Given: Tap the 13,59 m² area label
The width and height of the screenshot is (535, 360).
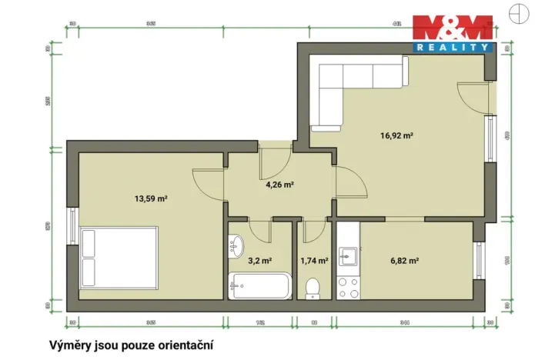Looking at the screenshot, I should (151, 198).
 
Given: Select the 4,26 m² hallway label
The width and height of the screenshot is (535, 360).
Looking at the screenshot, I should (280, 185).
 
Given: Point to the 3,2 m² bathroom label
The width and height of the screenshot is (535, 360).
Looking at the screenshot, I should (259, 260).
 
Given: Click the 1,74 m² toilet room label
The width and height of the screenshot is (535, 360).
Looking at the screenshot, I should (314, 260).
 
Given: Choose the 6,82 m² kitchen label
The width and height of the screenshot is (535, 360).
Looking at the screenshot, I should (404, 260).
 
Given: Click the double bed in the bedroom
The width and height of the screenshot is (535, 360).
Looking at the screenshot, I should (119, 255).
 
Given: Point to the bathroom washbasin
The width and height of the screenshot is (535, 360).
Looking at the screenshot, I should (236, 247).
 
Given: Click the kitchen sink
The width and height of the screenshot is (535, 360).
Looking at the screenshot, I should (349, 252).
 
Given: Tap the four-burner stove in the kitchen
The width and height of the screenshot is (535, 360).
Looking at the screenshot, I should (349, 286).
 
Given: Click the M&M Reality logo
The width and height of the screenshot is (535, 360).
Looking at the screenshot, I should (452, 33).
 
